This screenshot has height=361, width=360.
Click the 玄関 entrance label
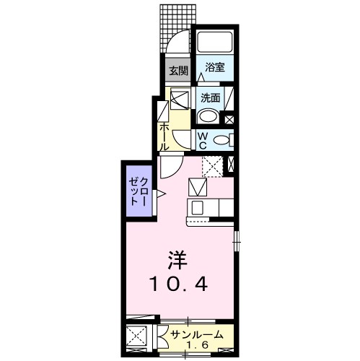tap(178, 71)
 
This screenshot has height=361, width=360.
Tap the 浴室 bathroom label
tap(215, 67)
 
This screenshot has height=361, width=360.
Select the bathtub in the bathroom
tap(215, 43)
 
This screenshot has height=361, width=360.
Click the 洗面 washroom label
tap(211, 98)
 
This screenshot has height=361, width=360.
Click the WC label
tap(203, 141)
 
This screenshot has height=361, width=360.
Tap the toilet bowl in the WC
tap(221, 140)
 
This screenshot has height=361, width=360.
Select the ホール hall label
tap(164, 136)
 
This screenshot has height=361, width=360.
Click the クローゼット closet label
tap(138, 191)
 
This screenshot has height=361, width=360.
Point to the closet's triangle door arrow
tap(161, 193)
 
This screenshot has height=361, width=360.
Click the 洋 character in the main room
tap(177, 260)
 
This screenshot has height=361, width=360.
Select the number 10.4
tap(178, 284)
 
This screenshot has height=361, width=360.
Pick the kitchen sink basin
tap(197, 207)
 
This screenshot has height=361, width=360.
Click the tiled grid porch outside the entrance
tap(177, 28)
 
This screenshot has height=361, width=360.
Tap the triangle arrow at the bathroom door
tap(201, 77)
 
